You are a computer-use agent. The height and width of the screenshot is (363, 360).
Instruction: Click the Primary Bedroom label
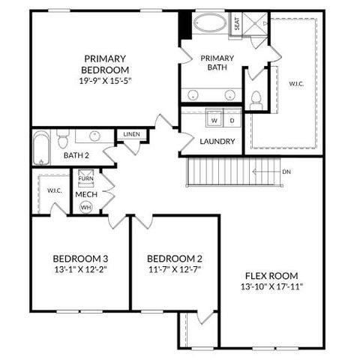pos(105,64)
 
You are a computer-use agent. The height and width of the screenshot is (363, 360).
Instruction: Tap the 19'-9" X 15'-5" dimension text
pos(105,80)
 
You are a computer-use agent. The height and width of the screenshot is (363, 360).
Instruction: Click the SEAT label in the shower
pos(236,24)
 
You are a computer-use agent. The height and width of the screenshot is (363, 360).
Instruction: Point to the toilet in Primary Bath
pos(255,98)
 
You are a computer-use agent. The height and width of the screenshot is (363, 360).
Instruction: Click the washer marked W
pos(214,120)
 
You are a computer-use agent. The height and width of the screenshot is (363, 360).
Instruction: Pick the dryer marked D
pos(231,120)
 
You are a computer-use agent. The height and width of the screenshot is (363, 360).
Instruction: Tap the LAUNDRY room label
pos(218,142)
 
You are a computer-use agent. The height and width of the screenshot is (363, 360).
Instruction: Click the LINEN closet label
pos(130,134)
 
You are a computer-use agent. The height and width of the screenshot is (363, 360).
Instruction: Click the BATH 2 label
pos(76,155)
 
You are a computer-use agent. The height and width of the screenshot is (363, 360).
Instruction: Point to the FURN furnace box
pos(85,178)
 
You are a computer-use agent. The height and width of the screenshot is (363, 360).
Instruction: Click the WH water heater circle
pos(85,207)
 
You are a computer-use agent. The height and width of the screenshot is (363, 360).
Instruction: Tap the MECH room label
pos(85,193)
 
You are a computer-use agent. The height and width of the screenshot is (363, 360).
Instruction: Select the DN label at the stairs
pos(286,172)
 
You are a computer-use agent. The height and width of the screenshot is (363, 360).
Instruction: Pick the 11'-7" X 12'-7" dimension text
pos(174,268)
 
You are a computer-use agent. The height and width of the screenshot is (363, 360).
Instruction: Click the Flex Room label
pos(271,274)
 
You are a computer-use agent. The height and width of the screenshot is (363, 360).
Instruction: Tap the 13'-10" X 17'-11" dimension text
pos(271,286)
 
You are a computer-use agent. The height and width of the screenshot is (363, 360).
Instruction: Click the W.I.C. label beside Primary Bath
pos(296,84)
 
